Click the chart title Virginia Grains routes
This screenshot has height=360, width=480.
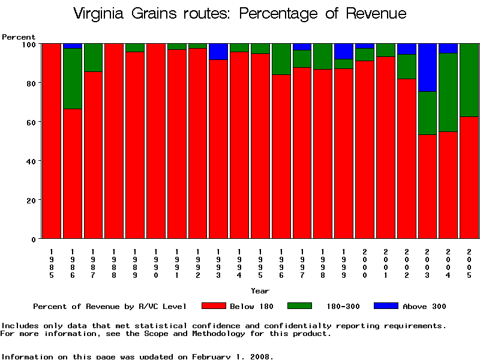tap(239, 14)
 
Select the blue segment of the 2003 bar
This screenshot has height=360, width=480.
tap(428, 67)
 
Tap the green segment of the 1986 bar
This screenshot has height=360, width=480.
tap(73, 78)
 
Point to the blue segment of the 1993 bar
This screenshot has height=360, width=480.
tap(218, 52)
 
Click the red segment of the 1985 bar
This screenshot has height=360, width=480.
tap(52, 141)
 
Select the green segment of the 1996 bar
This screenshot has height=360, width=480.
tap(281, 59)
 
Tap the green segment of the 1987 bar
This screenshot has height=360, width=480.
tap(93, 58)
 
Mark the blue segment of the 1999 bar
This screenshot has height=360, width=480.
tap(344, 51)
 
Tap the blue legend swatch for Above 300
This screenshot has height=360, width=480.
tap(386, 306)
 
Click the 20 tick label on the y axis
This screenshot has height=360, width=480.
tap(31, 200)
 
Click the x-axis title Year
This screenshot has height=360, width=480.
tap(260, 291)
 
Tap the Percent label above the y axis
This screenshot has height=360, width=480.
tap(19, 37)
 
